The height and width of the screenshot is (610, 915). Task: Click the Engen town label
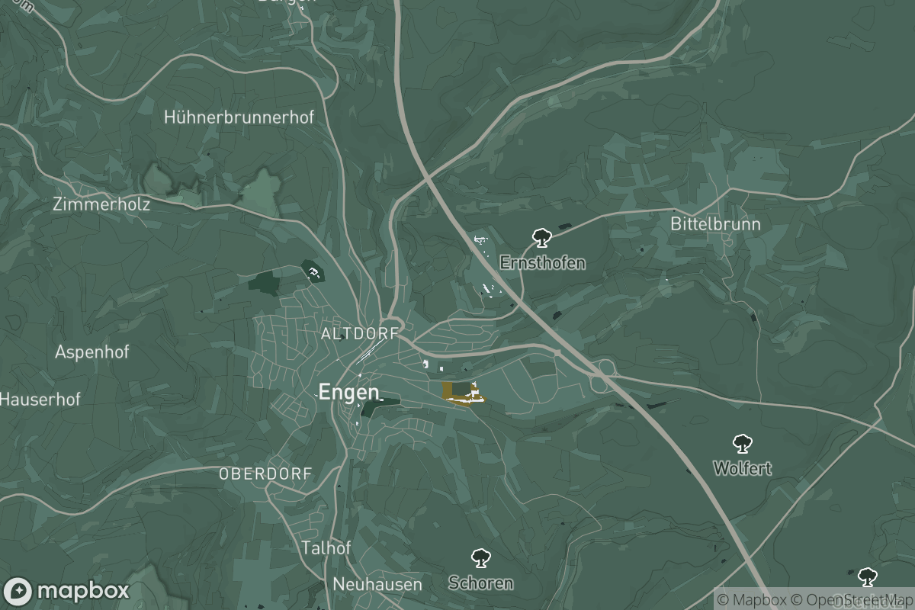(348, 392)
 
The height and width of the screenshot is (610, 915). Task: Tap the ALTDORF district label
(360, 334)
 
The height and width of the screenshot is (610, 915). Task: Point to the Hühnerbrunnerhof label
(239, 117)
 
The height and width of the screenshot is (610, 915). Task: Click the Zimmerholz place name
(101, 204)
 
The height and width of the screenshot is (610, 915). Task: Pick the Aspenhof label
(92, 352)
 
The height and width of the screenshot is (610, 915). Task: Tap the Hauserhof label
(40, 399)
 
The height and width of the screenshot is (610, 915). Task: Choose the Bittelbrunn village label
(715, 224)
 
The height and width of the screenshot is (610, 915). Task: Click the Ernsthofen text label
(543, 263)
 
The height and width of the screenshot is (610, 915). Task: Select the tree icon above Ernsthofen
(541, 237)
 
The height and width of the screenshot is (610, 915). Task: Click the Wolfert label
(743, 468)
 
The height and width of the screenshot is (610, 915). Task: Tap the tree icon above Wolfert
(742, 443)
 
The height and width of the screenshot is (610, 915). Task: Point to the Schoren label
(480, 583)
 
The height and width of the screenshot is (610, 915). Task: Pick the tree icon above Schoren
(480, 558)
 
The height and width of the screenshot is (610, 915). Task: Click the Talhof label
(326, 547)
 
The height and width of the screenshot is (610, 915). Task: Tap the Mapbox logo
(66, 591)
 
